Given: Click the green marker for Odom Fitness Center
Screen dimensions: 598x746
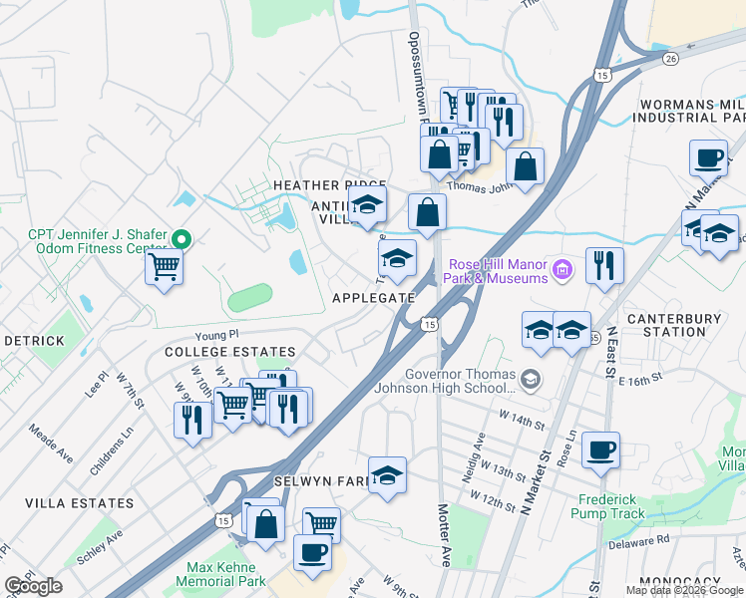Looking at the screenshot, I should coord(182,239).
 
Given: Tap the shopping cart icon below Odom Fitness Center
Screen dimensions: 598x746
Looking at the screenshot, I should coord(164,267).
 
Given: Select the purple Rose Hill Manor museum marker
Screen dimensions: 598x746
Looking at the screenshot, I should coord(563,268).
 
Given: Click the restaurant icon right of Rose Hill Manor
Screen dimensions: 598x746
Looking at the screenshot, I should coord(604,265).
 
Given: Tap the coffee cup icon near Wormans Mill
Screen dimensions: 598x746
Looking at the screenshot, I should coord(708,157).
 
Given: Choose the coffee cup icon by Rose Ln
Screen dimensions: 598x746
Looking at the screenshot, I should coord(600,449).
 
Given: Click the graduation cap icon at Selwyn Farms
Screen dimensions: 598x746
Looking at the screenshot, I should coord(387,475).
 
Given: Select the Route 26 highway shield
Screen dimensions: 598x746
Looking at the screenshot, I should coord(670,58).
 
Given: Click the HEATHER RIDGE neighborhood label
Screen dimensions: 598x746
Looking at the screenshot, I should coord(329,186).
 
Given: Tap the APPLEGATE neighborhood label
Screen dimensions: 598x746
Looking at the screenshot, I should coord(373,298).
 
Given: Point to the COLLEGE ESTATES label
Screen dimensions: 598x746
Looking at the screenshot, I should coord(229,352).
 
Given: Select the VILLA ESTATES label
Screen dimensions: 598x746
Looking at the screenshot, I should coord(66,503).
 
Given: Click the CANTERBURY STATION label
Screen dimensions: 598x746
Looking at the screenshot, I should coord(680,325).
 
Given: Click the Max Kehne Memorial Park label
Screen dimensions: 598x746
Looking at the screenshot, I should coord(220,573).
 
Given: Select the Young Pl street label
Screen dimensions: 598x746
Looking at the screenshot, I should coord(218,336).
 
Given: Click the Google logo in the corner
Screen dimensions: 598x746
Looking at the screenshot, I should coord(34,586).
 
